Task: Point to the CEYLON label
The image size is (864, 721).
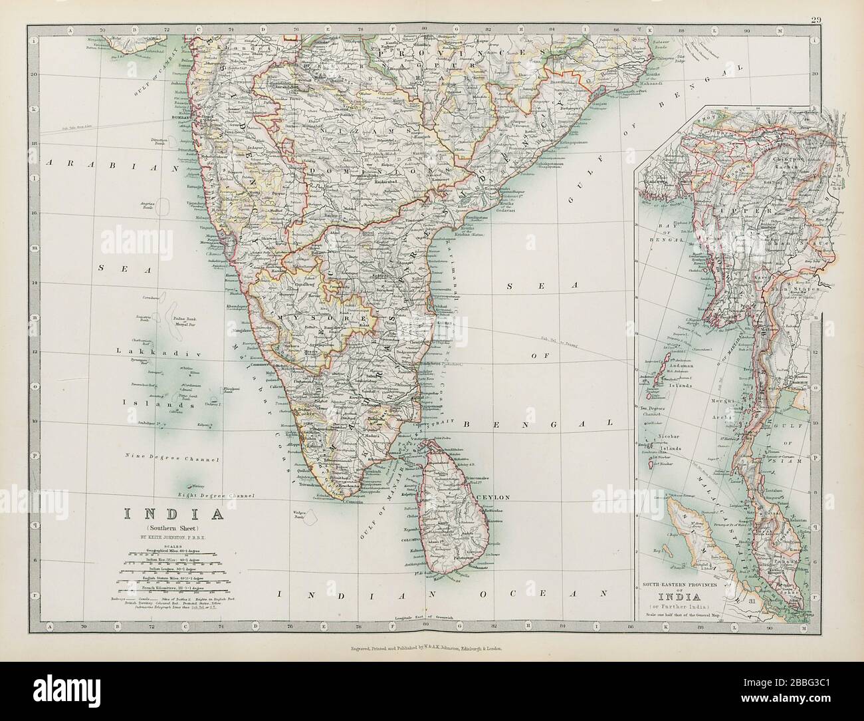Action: (x=492, y=497)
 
